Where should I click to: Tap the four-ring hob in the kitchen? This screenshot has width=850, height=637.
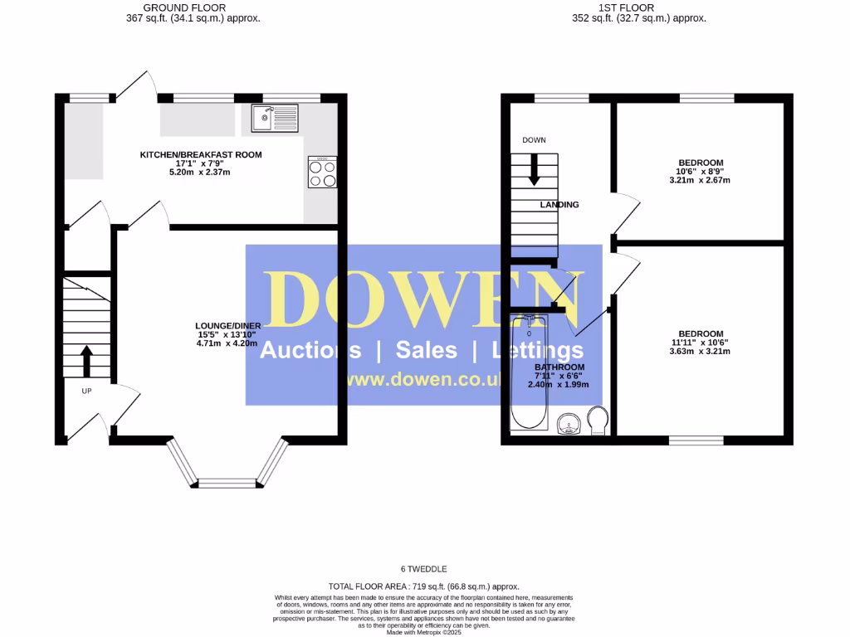point(322,173)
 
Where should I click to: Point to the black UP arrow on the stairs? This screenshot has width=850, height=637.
point(85,359)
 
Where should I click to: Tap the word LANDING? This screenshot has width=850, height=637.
point(559,205)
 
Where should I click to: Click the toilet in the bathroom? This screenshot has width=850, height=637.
point(598,421)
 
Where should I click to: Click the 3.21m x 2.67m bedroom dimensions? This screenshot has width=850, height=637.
point(701,181)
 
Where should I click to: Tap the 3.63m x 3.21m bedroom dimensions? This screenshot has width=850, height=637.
point(701,352)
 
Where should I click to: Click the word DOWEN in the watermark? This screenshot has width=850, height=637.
point(423,300)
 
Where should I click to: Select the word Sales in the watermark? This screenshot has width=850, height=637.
point(426,350)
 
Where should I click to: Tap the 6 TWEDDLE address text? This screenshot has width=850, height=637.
point(424,569)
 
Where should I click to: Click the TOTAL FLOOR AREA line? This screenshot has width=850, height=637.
point(424,586)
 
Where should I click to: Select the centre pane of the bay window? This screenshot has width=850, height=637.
point(227,482)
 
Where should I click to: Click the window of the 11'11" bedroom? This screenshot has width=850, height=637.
point(696,440)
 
